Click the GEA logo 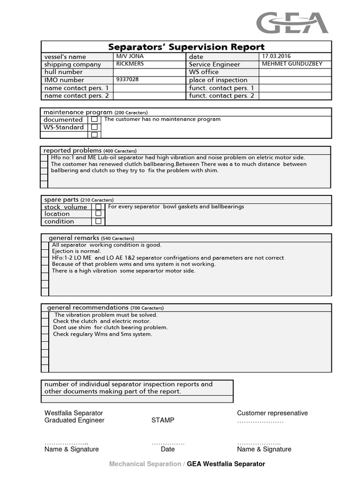coord(292,22)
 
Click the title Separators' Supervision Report coord(186,47)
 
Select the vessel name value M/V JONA coord(130,56)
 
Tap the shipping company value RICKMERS coord(130,64)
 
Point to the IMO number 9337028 coord(127,80)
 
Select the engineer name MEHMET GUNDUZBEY coord(292,64)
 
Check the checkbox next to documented coord(94,120)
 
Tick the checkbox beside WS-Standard coord(94,127)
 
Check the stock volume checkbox coord(98,206)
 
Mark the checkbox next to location coord(98,213)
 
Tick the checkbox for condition coord(98,221)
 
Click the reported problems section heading coord(73,150)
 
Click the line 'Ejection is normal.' coord(76,251)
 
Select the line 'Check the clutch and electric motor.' coord(102,321)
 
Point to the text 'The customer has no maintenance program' coord(162,119)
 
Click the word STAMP coord(163,420)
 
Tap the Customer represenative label coord(272,413)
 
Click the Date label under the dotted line coord(167,449)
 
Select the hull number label coord(63,72)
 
